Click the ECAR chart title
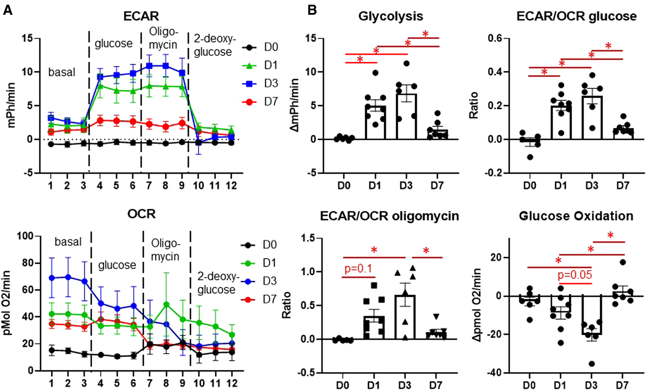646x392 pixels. (141, 16)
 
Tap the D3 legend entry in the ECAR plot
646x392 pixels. (270, 83)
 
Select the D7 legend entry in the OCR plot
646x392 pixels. (269, 299)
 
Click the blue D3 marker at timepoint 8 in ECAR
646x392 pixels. (165, 66)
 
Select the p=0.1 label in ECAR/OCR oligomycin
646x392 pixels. (358, 268)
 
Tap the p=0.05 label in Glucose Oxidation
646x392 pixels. (575, 275)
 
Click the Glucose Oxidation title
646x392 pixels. (576, 216)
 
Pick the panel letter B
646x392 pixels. (312, 10)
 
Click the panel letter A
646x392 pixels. (7, 10)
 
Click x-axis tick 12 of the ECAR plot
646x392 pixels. (231, 185)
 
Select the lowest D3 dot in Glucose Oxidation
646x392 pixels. (592, 364)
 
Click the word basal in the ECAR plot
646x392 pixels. (62, 72)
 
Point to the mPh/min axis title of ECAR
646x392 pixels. (11, 105)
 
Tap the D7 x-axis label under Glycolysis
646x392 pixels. (437, 185)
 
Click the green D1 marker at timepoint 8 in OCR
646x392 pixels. (166, 305)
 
